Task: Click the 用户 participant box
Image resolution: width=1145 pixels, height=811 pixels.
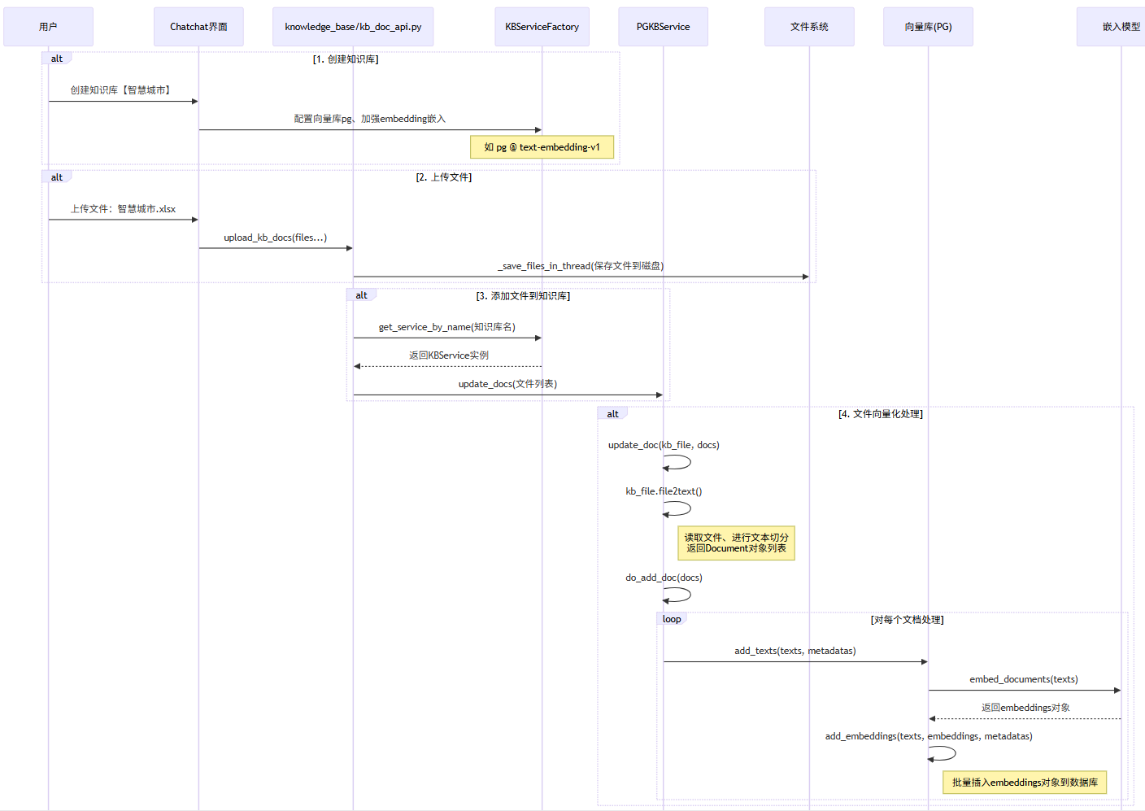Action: pos(48,27)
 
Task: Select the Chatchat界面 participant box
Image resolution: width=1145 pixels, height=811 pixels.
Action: pos(198,27)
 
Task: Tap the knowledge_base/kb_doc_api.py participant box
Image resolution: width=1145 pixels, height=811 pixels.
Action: pos(353,27)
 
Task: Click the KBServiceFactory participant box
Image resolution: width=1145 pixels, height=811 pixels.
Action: pos(542,27)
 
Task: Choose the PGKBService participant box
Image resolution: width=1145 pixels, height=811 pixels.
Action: pos(663,27)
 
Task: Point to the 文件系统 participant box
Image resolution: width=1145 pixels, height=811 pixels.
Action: pos(809,27)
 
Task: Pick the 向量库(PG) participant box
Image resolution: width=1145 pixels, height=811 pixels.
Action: pos(928,27)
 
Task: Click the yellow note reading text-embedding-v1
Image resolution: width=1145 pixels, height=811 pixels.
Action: pos(542,147)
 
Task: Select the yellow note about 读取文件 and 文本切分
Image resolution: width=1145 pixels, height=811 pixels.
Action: pos(736,543)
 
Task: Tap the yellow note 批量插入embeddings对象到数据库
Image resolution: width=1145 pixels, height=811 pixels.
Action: pos(1025,783)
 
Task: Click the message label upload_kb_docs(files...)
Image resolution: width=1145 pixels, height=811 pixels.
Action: pos(275,238)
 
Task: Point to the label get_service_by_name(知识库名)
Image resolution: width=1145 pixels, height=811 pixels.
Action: pos(446,327)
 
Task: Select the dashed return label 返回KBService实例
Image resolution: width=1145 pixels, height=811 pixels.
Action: pos(448,355)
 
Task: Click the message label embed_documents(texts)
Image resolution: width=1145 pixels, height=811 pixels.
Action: pos(1023,679)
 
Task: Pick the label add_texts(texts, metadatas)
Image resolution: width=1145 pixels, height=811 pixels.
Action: pos(795,651)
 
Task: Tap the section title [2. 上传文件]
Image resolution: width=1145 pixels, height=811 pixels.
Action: pos(443,177)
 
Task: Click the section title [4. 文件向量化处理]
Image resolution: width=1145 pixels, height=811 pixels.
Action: pos(880,414)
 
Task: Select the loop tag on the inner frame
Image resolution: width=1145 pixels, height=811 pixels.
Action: pos(672,619)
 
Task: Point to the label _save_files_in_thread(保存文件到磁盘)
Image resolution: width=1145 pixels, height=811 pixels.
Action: pos(581,266)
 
